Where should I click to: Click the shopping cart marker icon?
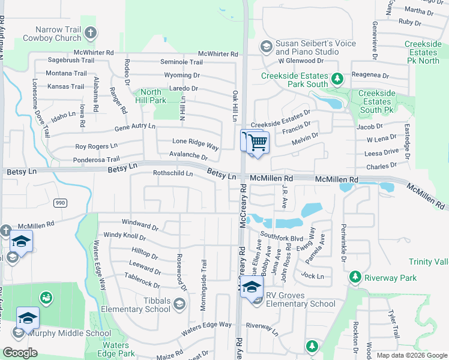click(x=258, y=143)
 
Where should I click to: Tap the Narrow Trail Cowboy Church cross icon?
click(x=90, y=32)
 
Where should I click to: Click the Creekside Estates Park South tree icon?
click(x=337, y=78)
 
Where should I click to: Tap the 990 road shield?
click(x=59, y=203)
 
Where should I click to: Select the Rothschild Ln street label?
click(x=173, y=173)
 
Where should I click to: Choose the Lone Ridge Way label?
click(x=195, y=146)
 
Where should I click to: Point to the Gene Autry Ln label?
click(x=134, y=127)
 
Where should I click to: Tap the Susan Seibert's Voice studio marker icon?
click(x=265, y=47)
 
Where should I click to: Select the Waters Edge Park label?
click(x=115, y=349)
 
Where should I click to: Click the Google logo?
click(x=20, y=353)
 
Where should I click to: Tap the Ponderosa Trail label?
click(x=97, y=160)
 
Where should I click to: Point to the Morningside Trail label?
click(x=203, y=284)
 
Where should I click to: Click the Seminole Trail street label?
click(x=181, y=62)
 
